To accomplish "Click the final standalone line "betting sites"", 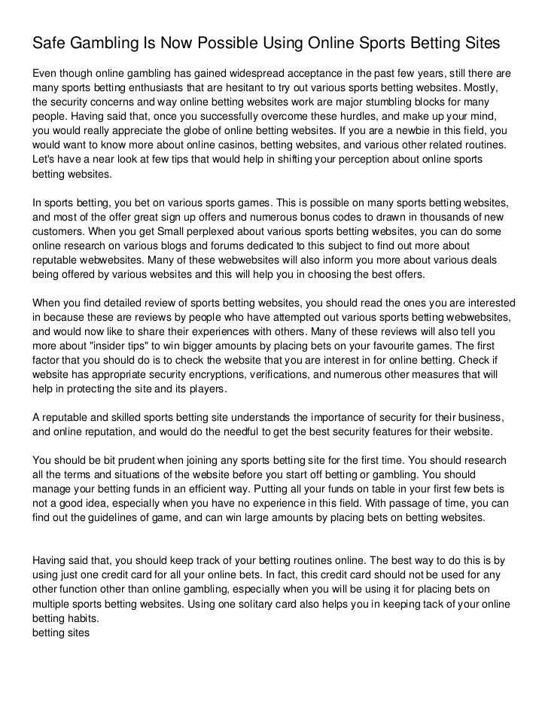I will pos(60,633).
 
